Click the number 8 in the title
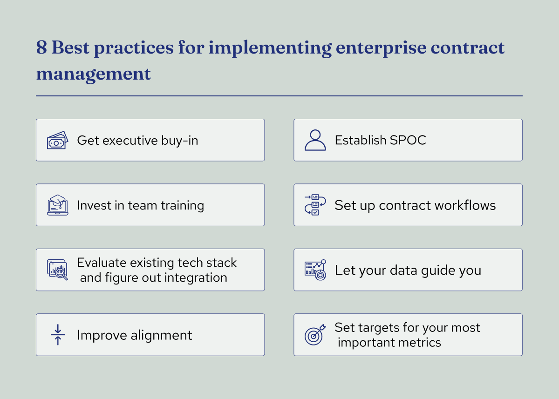(x=41, y=48)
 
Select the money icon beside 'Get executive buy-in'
(x=57, y=141)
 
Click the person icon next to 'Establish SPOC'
(x=315, y=140)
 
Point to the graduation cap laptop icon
(x=57, y=205)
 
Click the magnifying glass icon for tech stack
(x=57, y=270)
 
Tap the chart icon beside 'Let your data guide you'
(x=315, y=270)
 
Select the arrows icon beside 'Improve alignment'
(x=58, y=335)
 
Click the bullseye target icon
(x=314, y=335)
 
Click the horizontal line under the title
(x=279, y=96)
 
